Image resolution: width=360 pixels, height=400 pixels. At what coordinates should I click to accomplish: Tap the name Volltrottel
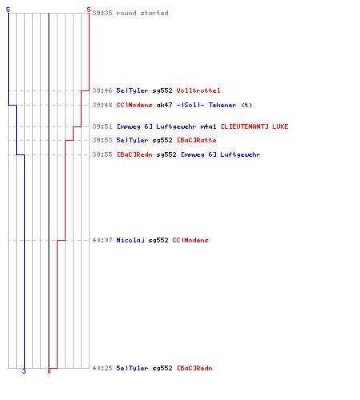pos(198,90)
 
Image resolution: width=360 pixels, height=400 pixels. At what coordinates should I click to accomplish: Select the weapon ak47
pos(164,105)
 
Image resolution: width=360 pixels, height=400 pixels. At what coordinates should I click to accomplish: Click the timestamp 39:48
pos(102,105)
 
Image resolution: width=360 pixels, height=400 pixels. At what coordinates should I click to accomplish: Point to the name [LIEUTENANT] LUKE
pos(254,126)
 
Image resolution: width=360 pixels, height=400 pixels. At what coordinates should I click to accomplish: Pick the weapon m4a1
pos(208,126)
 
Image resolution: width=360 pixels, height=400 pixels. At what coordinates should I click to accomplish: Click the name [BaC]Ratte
pos(197,140)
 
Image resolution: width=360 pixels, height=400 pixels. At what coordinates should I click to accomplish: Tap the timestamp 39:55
pos(102,154)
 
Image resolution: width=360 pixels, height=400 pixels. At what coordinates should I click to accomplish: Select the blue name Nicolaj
pos(130,240)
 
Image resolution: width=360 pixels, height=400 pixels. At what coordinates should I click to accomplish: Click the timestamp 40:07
pos(102,240)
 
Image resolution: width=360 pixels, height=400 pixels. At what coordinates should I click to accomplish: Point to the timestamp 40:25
pos(102,368)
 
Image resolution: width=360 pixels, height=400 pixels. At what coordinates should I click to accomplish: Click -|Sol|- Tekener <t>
pos(214,105)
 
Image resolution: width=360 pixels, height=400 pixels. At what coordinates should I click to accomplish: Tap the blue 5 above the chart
pos(8,10)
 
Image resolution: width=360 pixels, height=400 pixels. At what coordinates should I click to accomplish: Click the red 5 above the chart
pos(89,10)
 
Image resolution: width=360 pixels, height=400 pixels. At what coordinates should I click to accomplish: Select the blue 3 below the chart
pos(24,371)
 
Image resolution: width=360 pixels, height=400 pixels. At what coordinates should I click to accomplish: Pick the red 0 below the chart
pos(49,371)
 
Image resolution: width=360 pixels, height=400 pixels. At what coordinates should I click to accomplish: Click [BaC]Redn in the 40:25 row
pos(194,368)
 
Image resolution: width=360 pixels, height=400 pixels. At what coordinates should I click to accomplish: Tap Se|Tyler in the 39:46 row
pos(132,90)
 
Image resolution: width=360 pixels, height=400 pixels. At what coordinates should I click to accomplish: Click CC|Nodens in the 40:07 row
pos(190,240)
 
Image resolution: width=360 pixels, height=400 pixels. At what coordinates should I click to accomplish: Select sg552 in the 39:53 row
pos(162,140)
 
